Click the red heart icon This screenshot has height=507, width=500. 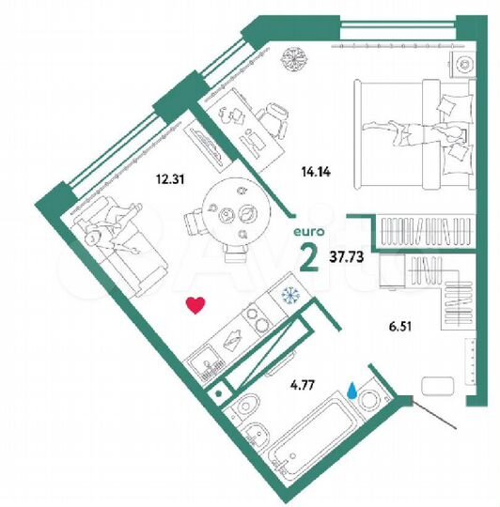click(x=195, y=305)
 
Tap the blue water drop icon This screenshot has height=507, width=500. click(x=352, y=389)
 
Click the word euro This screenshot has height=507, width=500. click(x=306, y=223)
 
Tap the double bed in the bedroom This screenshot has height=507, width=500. click(x=412, y=130)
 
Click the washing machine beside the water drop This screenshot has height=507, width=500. click(x=368, y=395)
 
